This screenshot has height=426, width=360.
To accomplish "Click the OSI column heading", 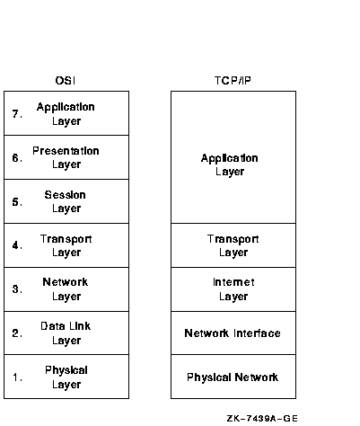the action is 66,81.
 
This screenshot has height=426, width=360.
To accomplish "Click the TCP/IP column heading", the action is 233,81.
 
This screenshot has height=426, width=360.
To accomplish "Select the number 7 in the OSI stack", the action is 17,114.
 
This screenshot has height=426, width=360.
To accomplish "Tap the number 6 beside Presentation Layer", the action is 17,157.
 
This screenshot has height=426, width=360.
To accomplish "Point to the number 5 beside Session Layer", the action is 17,201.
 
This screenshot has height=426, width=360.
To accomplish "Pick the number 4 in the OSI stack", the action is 17,245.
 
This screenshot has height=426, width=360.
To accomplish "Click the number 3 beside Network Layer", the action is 17,289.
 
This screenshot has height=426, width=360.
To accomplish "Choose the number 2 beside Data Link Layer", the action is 17,333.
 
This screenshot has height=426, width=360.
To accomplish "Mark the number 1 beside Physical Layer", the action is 17,377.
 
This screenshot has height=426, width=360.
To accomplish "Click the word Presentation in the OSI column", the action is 66,151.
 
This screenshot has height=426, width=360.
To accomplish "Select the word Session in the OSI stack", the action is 66,195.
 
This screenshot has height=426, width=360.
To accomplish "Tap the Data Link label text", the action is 66,326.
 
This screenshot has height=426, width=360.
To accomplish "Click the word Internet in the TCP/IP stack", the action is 233,282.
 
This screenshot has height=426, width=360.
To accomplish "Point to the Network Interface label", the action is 233,333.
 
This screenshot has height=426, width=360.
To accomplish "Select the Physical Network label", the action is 233,377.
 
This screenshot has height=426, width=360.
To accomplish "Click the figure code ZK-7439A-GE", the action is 262,418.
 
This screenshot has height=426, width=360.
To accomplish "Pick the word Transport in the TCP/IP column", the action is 233,239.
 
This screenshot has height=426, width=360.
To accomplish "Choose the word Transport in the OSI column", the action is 66,239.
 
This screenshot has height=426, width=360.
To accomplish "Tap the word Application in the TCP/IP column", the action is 230,158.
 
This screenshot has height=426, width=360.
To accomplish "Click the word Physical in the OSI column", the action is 66,370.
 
